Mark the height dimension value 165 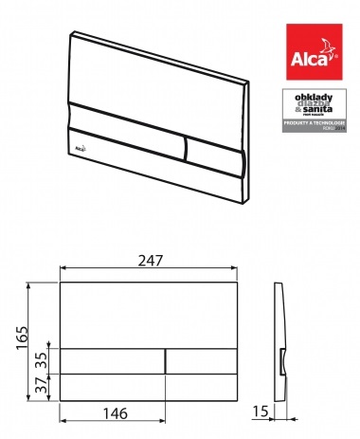pyautogui.click(x=21, y=337)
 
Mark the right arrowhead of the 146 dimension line pyautogui.click(x=163, y=421)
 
